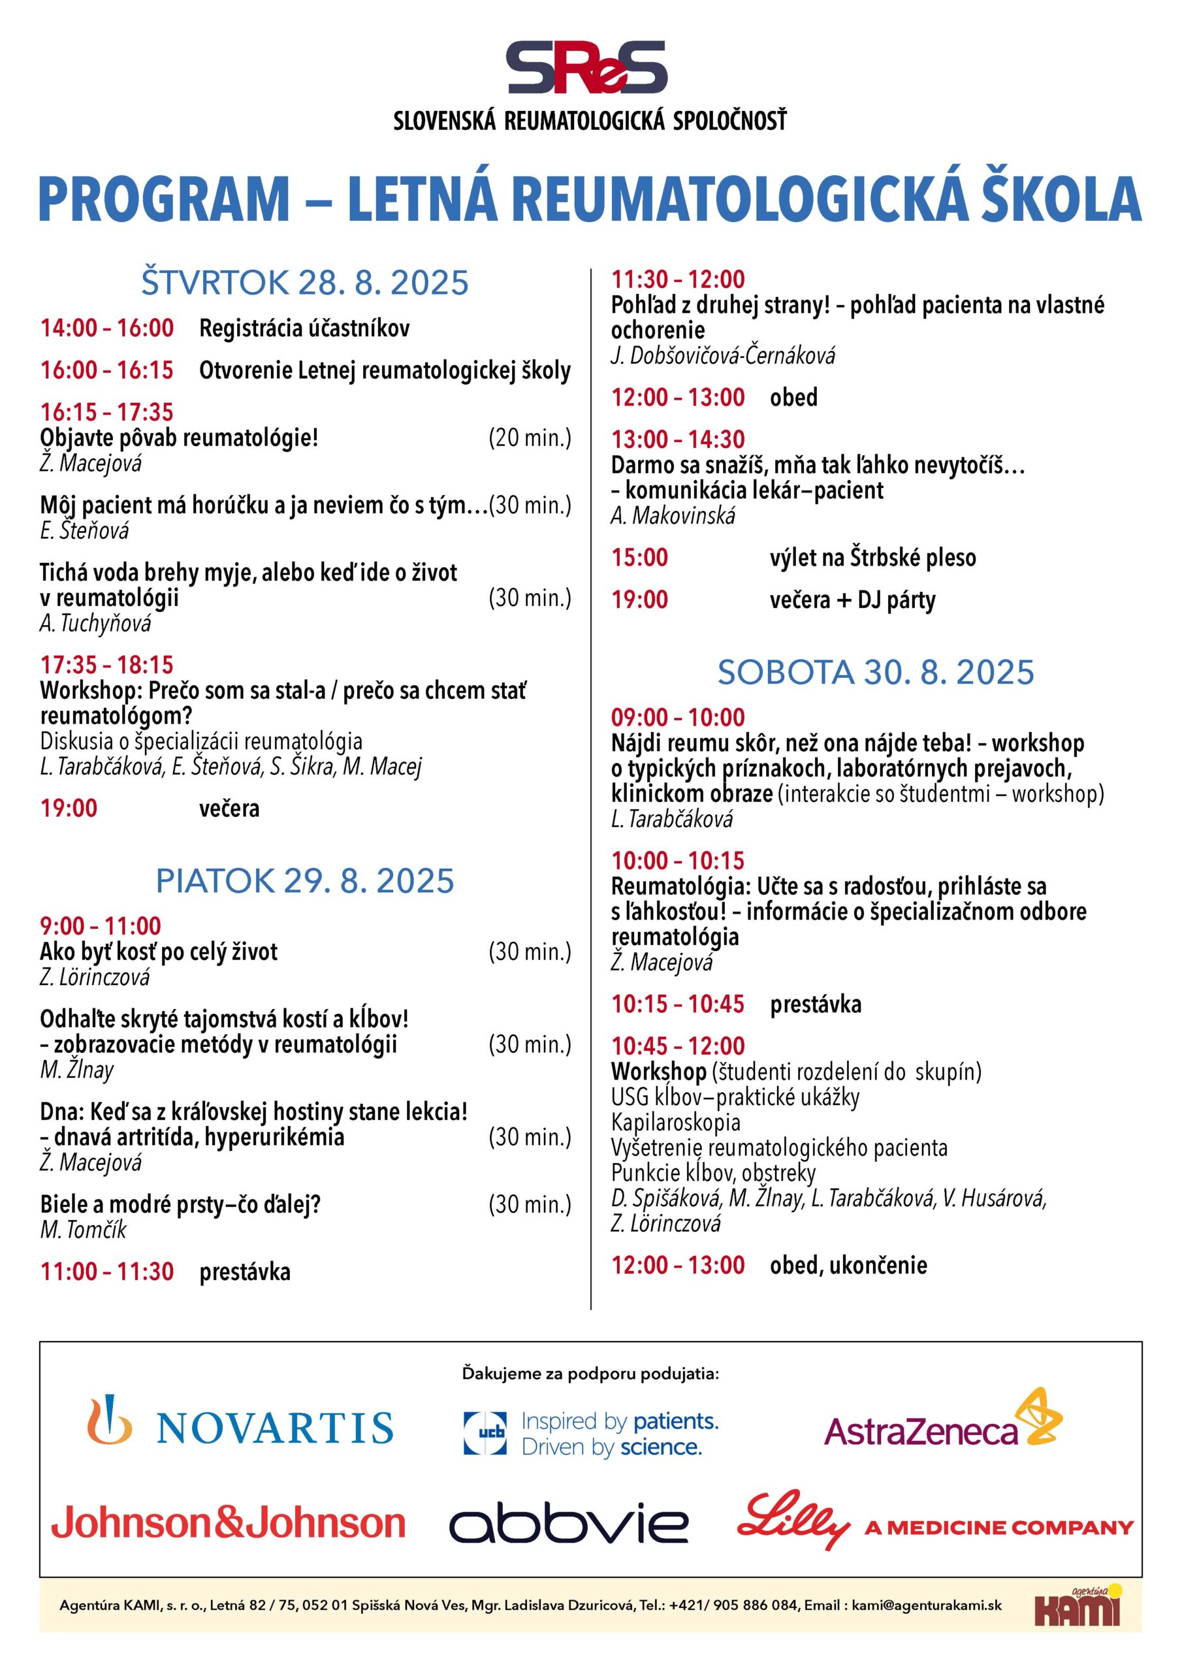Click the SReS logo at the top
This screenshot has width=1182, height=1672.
pyautogui.click(x=587, y=67)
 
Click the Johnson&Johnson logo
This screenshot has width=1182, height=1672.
pyautogui.click(x=228, y=1524)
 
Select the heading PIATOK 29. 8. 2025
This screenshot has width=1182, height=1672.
pyautogui.click(x=304, y=880)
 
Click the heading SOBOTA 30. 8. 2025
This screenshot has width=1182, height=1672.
pyautogui.click(x=875, y=671)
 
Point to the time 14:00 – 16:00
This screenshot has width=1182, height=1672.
pyautogui.click(x=107, y=328)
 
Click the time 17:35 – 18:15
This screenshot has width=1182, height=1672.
pyautogui.click(x=107, y=664)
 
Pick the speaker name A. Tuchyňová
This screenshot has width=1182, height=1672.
pyautogui.click(x=95, y=623)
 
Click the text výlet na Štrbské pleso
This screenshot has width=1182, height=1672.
pyautogui.click(x=872, y=558)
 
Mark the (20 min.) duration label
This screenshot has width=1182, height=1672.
pyautogui.click(x=530, y=438)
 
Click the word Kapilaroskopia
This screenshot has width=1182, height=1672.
pyautogui.click(x=676, y=1122)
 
